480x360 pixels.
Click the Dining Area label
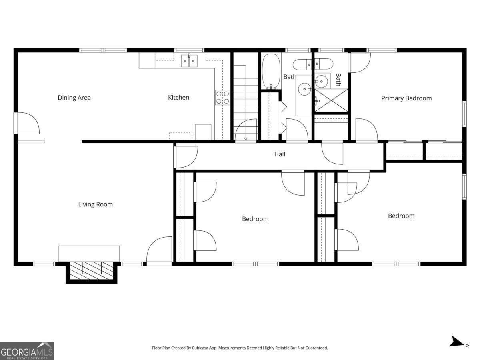tap(74, 98)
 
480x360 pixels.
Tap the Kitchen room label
tap(178, 98)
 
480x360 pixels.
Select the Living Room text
tap(95, 204)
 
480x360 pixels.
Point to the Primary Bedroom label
tap(406, 98)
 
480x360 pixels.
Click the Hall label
tap(280, 154)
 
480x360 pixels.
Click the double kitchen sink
tap(189, 60)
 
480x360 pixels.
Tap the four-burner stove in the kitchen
tap(222, 98)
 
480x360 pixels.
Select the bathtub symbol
tap(271, 71)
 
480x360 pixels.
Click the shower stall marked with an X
tap(331, 100)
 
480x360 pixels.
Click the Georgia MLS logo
tap(27, 351)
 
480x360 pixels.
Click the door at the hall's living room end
tap(186, 157)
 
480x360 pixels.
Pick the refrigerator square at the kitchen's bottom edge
tap(203, 132)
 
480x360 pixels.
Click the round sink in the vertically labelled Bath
tap(322, 81)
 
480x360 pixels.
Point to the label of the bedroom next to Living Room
tap(255, 219)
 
